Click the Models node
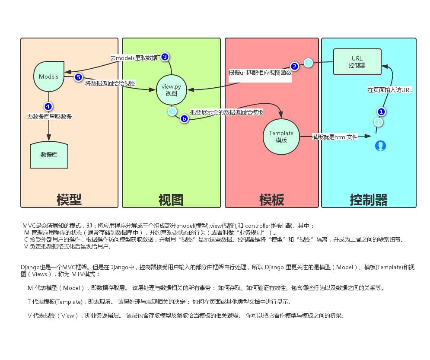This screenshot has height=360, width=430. pyautogui.click(x=48, y=76)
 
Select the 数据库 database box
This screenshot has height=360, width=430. pyautogui.click(x=49, y=154)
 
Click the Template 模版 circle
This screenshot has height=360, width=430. pyautogui.click(x=281, y=137)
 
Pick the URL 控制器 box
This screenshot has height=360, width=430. pyautogui.click(x=357, y=62)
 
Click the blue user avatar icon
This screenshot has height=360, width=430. pyautogui.click(x=380, y=146)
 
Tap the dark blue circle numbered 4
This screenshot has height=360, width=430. pyautogui.click(x=48, y=106)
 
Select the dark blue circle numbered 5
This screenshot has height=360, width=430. pyautogui.click(x=78, y=77)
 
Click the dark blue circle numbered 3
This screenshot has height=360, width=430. pyautogui.click(x=165, y=57)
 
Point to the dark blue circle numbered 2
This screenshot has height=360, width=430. pyautogui.click(x=294, y=66)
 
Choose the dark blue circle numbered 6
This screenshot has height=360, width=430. pyautogui.click(x=184, y=118)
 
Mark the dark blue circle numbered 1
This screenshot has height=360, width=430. pyautogui.click(x=381, y=112)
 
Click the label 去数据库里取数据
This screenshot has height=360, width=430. pyautogui.click(x=49, y=117)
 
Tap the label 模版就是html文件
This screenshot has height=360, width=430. pyautogui.click(x=335, y=137)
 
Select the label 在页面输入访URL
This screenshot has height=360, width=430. pyautogui.click(x=390, y=90)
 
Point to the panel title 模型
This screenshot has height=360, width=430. pyautogui.click(x=69, y=200)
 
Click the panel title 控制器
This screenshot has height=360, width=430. pyautogui.click(x=369, y=200)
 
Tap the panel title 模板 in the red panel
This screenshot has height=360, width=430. pyautogui.click(x=271, y=200)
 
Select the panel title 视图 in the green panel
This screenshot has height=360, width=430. pyautogui.click(x=171, y=200)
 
